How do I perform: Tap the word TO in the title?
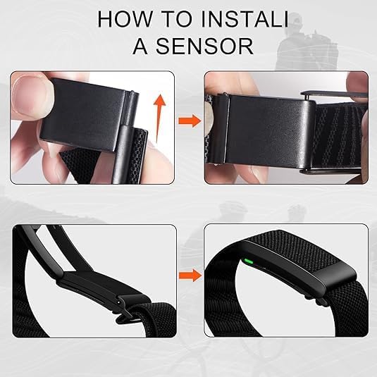(175, 18)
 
